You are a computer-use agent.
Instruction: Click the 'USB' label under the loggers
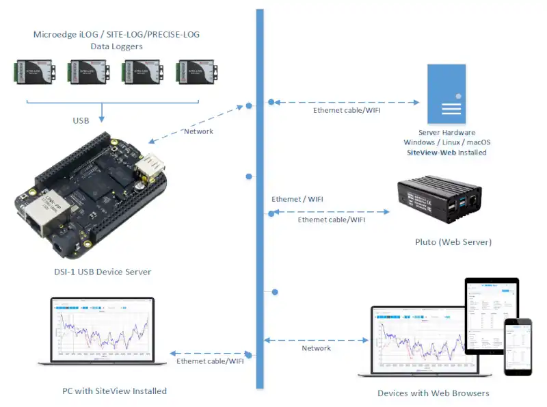[x=81, y=121]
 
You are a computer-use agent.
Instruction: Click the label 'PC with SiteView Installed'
[x=103, y=391]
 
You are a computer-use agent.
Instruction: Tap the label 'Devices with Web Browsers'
[x=433, y=393]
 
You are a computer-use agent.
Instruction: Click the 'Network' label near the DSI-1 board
[x=199, y=131]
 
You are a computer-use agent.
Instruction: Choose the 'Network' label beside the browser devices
[x=316, y=348]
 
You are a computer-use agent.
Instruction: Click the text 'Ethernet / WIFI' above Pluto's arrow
[x=297, y=199]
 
